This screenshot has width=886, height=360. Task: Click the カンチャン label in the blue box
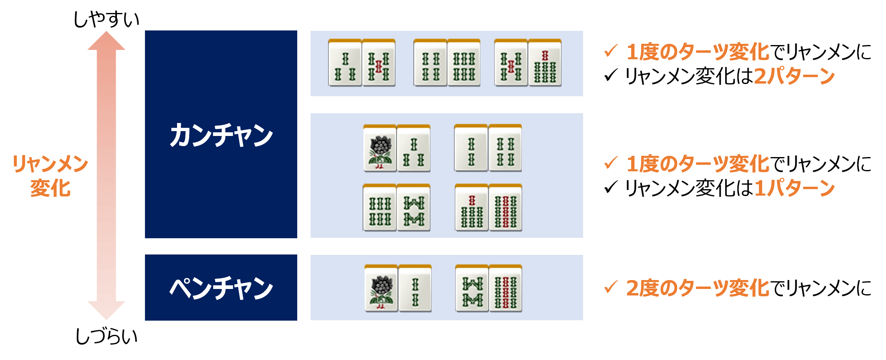click(x=221, y=135)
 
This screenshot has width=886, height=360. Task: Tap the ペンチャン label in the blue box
click(x=221, y=288)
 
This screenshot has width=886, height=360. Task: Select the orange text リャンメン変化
click(x=50, y=176)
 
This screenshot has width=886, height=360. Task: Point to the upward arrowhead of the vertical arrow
click(x=106, y=41)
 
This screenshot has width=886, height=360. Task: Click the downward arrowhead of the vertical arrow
click(x=106, y=310)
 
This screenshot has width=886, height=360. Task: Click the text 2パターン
click(x=794, y=76)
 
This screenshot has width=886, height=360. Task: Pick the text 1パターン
click(x=794, y=188)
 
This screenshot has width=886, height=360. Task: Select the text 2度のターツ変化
click(x=698, y=288)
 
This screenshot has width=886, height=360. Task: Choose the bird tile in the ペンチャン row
click(x=381, y=289)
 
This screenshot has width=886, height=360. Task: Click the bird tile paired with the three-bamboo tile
click(x=380, y=149)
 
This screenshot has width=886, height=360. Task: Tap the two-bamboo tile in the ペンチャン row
click(x=415, y=289)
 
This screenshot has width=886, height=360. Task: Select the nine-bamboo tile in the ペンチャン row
click(x=506, y=289)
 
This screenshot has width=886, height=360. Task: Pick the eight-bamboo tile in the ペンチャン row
click(x=472, y=289)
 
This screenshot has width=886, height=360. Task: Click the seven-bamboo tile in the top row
click(x=545, y=63)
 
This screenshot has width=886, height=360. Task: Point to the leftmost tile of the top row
click(x=345, y=63)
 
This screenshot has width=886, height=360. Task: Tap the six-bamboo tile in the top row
click(x=464, y=63)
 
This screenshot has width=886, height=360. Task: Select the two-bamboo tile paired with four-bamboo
click(x=471, y=149)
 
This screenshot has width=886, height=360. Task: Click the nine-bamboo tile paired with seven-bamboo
click(x=506, y=208)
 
